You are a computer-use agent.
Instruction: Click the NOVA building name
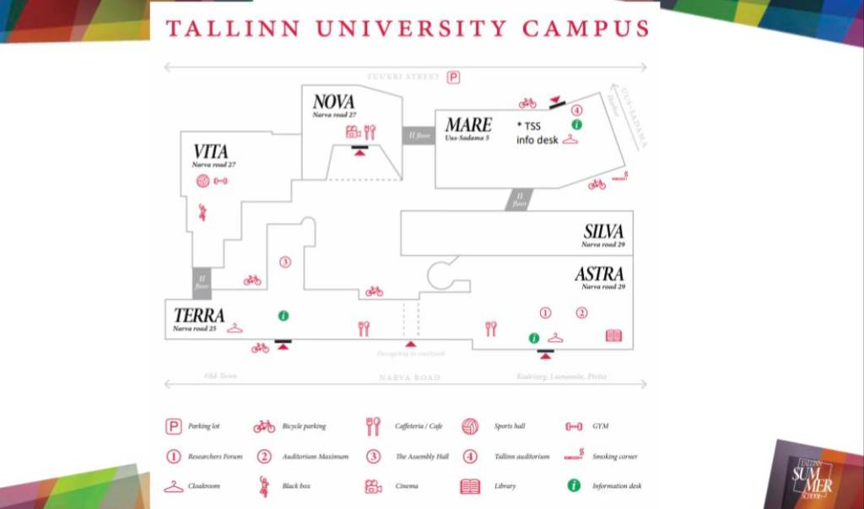pos(333,102)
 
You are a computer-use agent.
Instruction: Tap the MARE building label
pos(468,125)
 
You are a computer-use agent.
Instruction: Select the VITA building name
pos(210,152)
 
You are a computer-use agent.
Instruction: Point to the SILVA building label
pos(603,232)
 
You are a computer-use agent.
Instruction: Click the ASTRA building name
pos(599,274)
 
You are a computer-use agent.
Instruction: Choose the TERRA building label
pos(199,316)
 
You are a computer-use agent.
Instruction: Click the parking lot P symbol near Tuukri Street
pos(453,78)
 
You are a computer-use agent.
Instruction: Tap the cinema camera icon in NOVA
pos(353,132)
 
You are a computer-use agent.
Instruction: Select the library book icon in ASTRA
pos(613,336)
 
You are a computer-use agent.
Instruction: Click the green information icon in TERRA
pos(283,316)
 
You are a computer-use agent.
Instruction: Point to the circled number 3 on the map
pos(285,263)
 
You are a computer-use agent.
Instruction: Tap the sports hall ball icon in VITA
pos(202,181)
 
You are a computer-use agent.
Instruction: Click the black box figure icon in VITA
pos(202,212)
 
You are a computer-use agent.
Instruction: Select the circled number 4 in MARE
pos(577,111)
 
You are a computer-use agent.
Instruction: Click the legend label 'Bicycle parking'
pos(304,427)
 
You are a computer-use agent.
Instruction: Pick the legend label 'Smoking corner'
pos(614,457)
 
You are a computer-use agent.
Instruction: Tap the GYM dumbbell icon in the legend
pos(575,427)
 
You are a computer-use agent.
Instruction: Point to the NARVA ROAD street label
pos(409,377)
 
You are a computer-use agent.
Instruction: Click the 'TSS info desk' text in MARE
pos(537,133)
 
